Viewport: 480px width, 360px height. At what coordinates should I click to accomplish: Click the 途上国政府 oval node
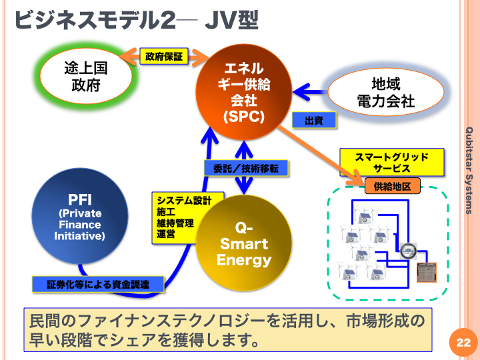[86, 76]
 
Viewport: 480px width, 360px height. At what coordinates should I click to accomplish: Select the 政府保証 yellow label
[164, 56]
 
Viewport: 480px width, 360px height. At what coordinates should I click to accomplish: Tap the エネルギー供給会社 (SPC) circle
[244, 92]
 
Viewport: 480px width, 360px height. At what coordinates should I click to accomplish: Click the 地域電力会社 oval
[386, 92]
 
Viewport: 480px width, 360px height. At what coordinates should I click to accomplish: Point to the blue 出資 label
[314, 120]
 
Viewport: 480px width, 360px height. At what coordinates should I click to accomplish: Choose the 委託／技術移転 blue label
[246, 169]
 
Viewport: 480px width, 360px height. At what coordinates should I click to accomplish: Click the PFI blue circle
[79, 216]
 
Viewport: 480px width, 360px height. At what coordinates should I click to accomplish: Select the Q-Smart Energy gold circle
[244, 243]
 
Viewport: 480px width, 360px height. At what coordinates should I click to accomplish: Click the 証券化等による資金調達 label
[98, 285]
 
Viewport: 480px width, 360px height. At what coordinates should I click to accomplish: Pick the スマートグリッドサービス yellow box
[392, 163]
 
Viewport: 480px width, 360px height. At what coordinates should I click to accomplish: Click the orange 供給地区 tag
[392, 186]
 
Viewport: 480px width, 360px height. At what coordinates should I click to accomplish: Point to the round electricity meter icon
[409, 251]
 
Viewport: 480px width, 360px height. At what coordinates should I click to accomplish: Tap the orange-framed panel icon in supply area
[427, 273]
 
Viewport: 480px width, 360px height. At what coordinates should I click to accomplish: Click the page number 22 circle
[463, 343]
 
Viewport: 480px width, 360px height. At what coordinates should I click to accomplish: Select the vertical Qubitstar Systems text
[469, 171]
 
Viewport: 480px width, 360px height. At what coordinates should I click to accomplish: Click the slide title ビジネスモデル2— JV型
[137, 20]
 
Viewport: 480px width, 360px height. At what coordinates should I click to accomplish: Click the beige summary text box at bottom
[228, 330]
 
